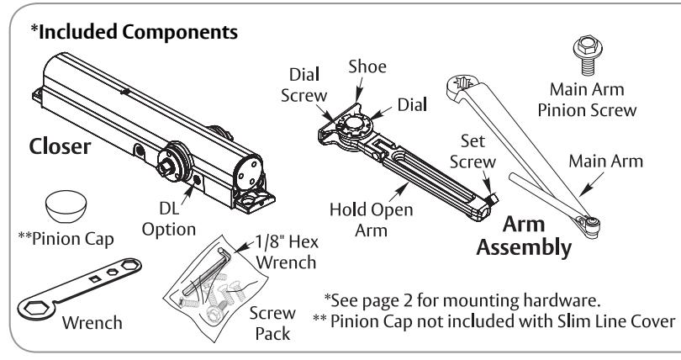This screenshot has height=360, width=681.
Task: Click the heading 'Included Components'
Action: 138,32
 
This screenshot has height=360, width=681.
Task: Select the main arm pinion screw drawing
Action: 588,56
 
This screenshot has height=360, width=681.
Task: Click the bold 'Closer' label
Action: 60,147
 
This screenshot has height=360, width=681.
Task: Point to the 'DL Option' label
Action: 169,219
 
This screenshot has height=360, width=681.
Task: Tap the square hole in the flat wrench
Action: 95,278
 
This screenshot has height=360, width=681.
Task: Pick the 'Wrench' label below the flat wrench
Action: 92,323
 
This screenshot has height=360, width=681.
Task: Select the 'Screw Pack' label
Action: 272,323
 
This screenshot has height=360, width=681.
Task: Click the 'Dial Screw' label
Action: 304,85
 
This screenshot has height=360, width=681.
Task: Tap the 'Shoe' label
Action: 367,67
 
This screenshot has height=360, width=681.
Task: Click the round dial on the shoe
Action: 354,124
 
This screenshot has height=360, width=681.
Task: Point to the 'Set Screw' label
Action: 472,151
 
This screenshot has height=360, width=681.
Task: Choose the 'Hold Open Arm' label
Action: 372,220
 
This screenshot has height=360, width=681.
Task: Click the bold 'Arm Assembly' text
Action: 524,236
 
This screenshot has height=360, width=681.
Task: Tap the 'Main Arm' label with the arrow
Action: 606,161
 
